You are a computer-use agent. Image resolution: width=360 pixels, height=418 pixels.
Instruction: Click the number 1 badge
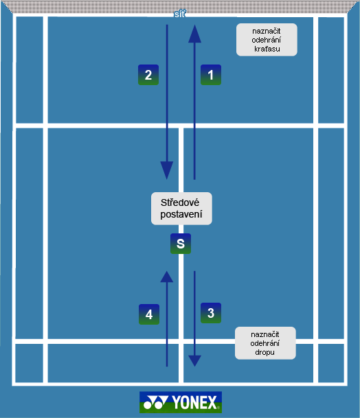pyautogui.click(x=211, y=75)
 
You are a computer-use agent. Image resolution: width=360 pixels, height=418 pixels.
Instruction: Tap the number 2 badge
pyautogui.click(x=148, y=75)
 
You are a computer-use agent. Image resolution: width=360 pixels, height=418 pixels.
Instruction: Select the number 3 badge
pyautogui.click(x=211, y=313)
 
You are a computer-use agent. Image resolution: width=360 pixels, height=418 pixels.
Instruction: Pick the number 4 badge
pyautogui.click(x=149, y=314)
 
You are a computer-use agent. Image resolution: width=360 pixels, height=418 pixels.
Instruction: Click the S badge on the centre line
pyautogui.click(x=181, y=244)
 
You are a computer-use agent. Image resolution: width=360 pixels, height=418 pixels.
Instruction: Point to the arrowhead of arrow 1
pyautogui.click(x=195, y=34)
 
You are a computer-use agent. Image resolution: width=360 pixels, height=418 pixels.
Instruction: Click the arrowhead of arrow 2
pyautogui.click(x=167, y=170)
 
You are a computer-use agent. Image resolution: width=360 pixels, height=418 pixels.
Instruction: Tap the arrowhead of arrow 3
pyautogui.click(x=195, y=361)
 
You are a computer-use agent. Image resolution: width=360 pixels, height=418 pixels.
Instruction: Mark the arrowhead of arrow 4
pyautogui.click(x=167, y=277)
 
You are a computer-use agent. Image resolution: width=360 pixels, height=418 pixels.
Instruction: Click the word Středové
pyautogui.click(x=180, y=202)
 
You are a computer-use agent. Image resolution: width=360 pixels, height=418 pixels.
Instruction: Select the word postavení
pyautogui.click(x=181, y=215)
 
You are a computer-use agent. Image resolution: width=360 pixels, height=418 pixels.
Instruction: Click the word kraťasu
pyautogui.click(x=267, y=49)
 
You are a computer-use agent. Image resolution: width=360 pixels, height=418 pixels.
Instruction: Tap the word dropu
pyautogui.click(x=265, y=352)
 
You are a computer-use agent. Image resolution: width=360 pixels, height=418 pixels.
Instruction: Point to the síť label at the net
pyautogui.click(x=179, y=14)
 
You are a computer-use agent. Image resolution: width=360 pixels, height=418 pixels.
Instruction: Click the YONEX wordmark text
pyautogui.click(x=194, y=402)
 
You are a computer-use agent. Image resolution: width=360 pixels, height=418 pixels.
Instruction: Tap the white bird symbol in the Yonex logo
pyautogui.click(x=155, y=402)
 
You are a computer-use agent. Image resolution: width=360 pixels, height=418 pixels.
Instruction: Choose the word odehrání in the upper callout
pyautogui.click(x=266, y=40)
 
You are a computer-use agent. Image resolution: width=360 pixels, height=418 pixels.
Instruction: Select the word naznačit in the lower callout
pyautogui.click(x=265, y=334)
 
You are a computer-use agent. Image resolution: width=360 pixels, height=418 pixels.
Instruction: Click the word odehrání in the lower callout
pyautogui.click(x=265, y=343)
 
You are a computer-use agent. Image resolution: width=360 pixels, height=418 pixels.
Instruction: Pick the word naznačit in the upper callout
pyautogui.click(x=267, y=31)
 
